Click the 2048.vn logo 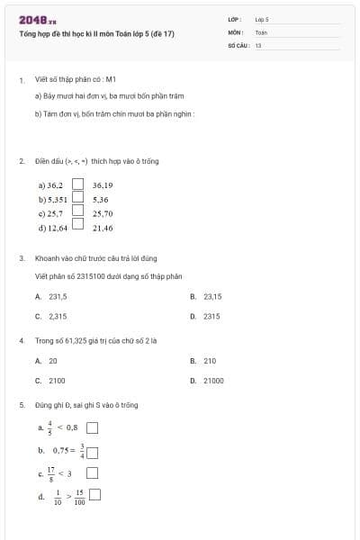(x=37, y=20)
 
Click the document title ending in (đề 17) (x=97, y=33)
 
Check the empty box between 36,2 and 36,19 (x=77, y=185)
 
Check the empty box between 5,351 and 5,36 (x=77, y=199)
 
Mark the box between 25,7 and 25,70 (x=77, y=212)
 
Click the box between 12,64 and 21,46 (x=77, y=227)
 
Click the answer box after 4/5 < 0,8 (x=92, y=428)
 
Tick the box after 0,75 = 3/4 (x=92, y=453)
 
